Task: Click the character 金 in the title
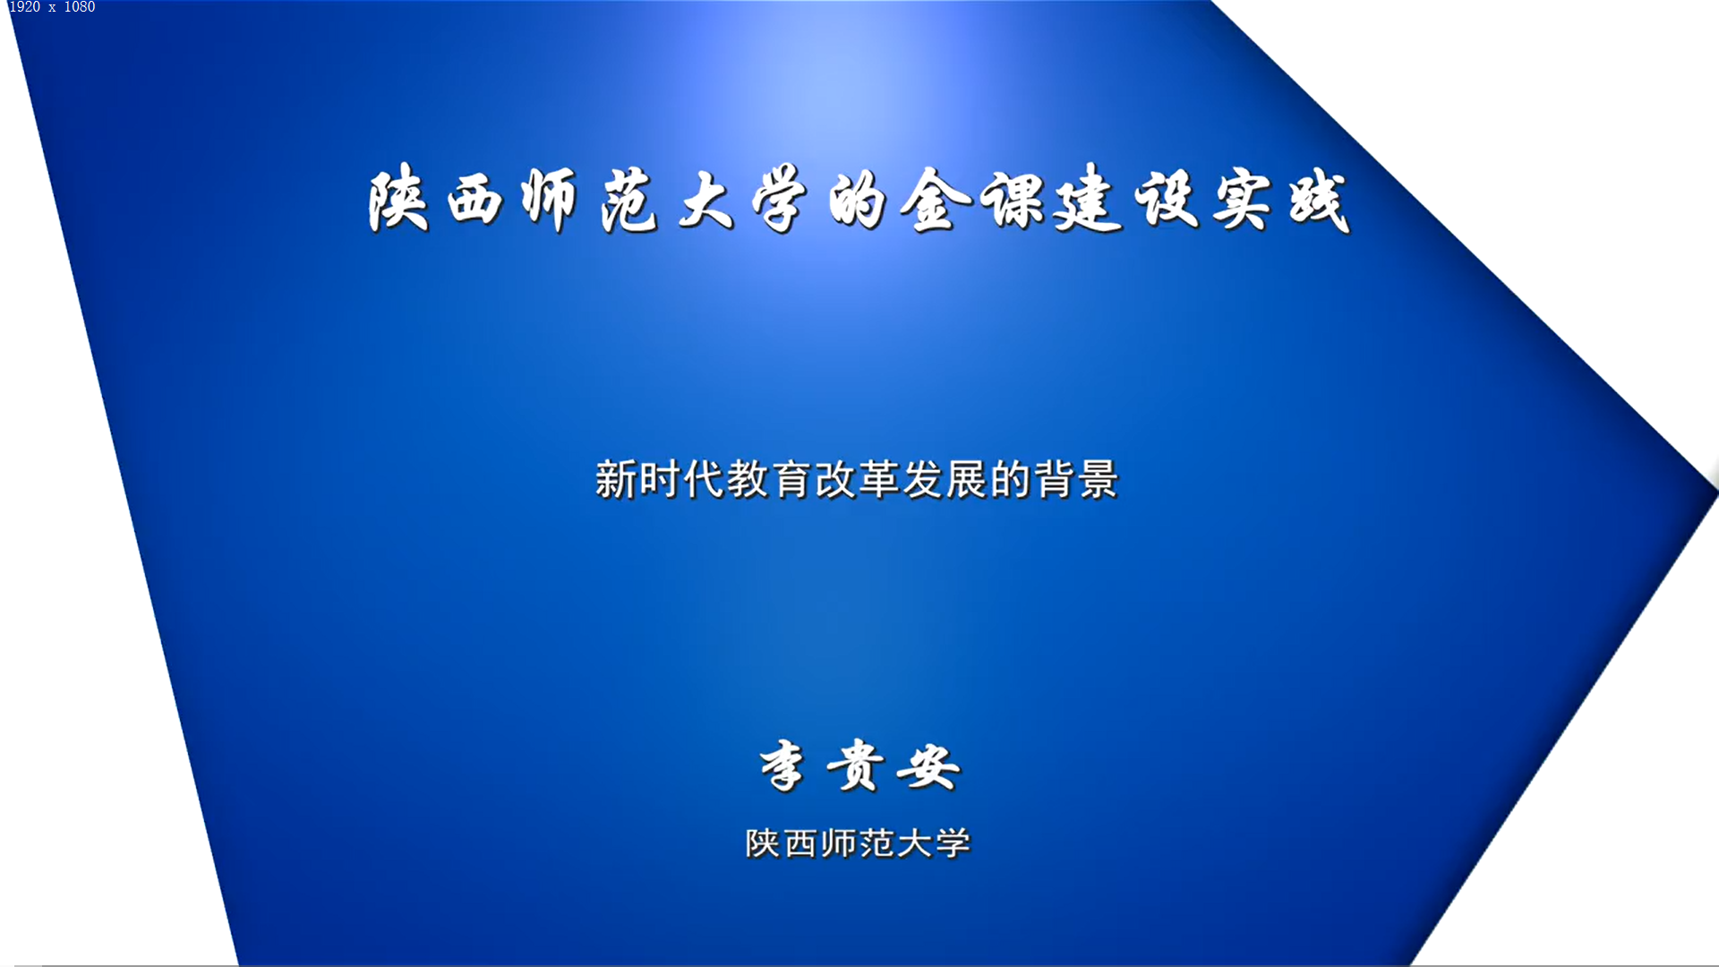(x=936, y=199)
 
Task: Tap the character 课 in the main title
(x=1013, y=199)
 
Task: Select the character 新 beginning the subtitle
(x=616, y=479)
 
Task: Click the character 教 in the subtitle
(x=748, y=479)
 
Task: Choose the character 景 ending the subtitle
(x=1099, y=479)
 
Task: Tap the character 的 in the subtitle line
(x=1011, y=479)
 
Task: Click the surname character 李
(x=783, y=766)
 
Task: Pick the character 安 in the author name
(x=929, y=766)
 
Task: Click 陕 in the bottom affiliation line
(x=763, y=843)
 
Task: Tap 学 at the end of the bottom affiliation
(x=954, y=843)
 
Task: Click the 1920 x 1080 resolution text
(x=52, y=7)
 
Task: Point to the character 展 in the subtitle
(x=967, y=479)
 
